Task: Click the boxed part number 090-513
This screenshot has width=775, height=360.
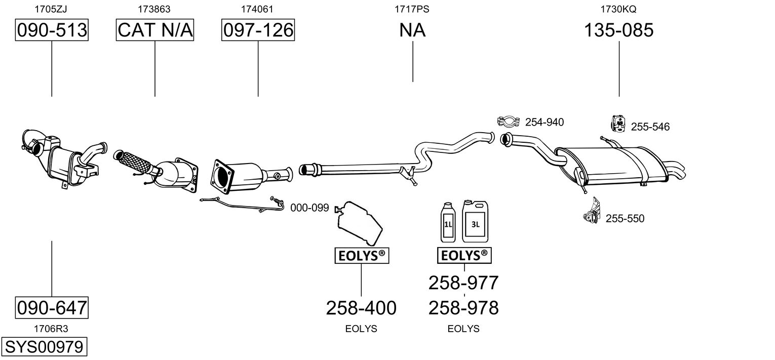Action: click(x=52, y=30)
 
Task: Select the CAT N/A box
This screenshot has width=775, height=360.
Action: click(x=155, y=30)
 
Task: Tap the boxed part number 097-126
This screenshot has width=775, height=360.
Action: click(x=258, y=30)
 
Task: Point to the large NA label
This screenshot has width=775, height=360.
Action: click(x=412, y=30)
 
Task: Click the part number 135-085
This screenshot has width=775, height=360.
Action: click(x=619, y=30)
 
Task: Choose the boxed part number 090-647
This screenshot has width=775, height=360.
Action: click(x=52, y=307)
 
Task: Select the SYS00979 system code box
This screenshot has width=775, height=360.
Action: click(x=44, y=346)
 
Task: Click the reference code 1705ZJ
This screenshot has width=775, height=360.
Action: click(x=51, y=9)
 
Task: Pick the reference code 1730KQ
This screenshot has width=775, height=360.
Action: click(x=618, y=9)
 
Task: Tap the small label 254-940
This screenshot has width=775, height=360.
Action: click(x=545, y=122)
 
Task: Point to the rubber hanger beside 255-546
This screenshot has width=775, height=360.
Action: click(x=618, y=124)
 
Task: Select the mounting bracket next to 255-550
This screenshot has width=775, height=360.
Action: click(x=592, y=211)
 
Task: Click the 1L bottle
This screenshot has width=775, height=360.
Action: click(x=448, y=222)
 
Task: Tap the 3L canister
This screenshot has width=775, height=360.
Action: click(x=475, y=221)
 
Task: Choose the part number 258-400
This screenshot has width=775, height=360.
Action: click(x=361, y=308)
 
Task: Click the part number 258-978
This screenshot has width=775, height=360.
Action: click(x=463, y=308)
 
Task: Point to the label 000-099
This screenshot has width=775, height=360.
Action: click(x=309, y=208)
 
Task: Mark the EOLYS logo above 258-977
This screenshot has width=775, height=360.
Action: click(x=464, y=256)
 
